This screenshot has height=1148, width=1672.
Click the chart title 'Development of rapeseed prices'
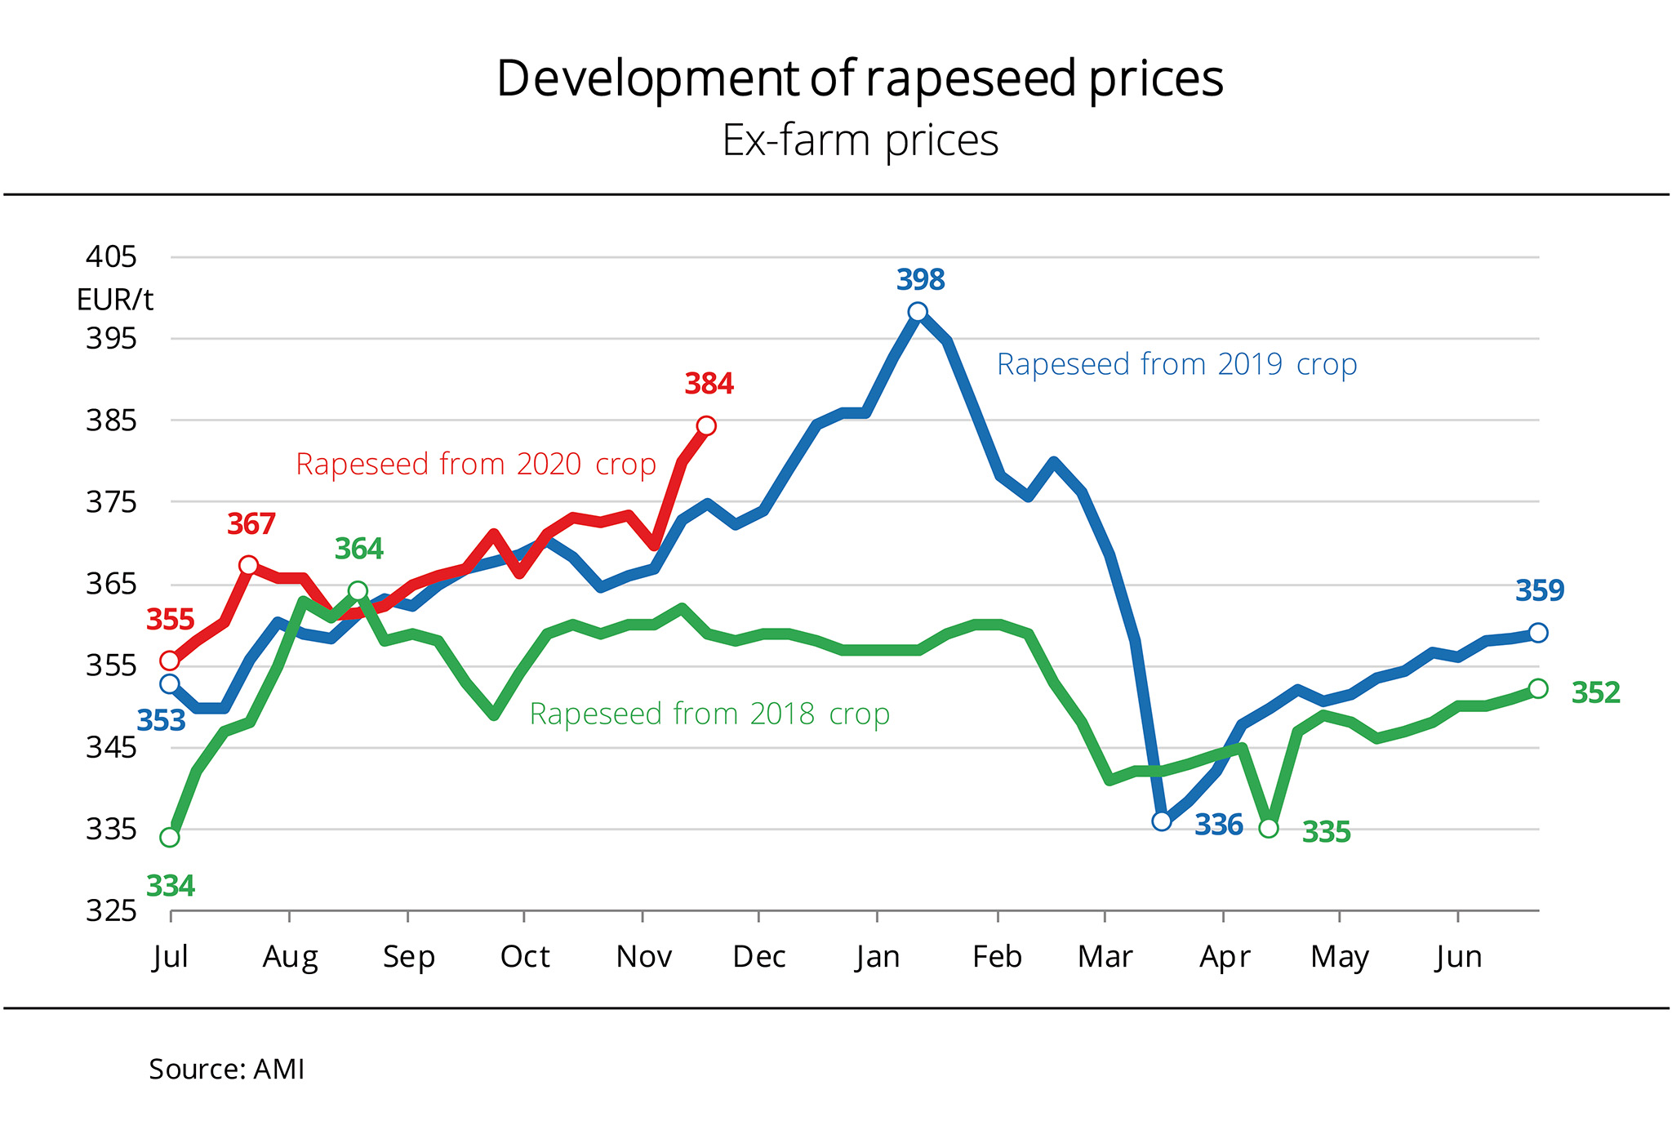click(860, 78)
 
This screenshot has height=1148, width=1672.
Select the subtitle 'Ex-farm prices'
click(860, 140)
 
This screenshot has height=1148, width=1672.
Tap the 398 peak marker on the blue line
click(918, 312)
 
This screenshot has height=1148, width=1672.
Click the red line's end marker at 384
click(706, 425)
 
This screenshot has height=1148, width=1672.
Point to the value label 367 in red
click(251, 524)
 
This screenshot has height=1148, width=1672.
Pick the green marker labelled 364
click(358, 590)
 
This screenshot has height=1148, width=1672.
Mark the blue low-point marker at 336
click(1162, 821)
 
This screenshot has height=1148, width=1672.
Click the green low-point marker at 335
click(1269, 828)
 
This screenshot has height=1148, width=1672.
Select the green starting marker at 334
click(170, 837)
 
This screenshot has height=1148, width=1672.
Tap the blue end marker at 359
click(1538, 633)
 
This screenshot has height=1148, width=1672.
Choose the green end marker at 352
click(1538, 688)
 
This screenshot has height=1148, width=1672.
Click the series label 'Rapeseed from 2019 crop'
click(1176, 364)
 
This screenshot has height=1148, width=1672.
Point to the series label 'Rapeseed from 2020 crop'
click(476, 464)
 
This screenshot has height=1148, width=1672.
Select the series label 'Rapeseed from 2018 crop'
click(709, 714)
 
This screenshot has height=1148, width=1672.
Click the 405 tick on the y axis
click(111, 257)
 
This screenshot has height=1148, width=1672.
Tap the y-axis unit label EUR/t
click(114, 300)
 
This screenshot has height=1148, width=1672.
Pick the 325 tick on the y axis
click(111, 910)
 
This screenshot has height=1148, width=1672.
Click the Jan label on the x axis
click(878, 956)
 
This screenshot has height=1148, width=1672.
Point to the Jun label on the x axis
click(1459, 956)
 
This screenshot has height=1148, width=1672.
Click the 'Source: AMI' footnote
click(226, 1069)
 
